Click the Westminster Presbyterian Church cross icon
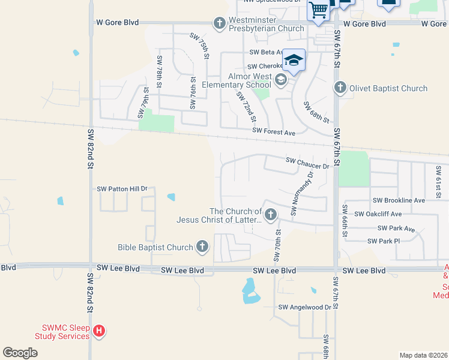220,23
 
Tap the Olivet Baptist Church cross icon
340,88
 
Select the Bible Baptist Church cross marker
202,247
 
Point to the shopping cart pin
318,10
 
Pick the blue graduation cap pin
294,61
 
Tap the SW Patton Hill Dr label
122,189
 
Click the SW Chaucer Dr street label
308,161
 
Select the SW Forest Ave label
274,131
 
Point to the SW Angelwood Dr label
304,307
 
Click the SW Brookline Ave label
399,200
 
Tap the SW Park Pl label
384,241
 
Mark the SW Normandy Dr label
302,194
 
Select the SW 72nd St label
247,104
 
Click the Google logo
20,353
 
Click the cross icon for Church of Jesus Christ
271,214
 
